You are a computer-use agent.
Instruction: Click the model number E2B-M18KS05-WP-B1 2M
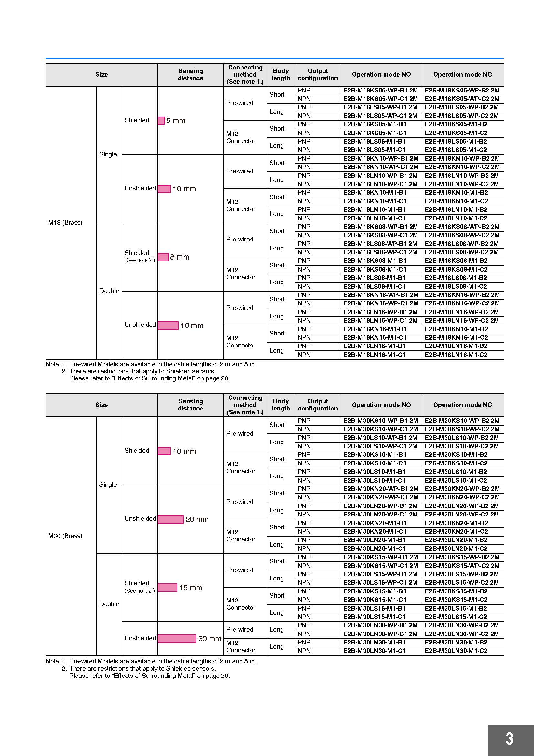click(380, 90)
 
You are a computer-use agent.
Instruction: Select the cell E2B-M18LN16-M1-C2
click(456, 355)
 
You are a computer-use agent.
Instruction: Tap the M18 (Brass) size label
click(65, 223)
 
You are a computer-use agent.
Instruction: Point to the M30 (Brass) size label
click(65, 536)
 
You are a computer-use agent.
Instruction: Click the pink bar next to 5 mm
click(161, 121)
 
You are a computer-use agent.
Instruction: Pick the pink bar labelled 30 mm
click(177, 638)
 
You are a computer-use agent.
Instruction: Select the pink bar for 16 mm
click(168, 325)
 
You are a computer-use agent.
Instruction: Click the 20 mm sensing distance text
click(197, 519)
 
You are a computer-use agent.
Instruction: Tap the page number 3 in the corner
click(509, 739)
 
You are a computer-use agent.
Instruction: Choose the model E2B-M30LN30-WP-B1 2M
click(380, 625)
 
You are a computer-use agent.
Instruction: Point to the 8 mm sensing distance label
click(180, 257)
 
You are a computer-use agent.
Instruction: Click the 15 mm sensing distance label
click(191, 587)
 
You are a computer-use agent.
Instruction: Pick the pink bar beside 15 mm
click(167, 587)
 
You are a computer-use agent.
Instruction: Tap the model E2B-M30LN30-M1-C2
click(456, 651)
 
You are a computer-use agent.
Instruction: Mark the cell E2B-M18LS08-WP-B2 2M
click(462, 244)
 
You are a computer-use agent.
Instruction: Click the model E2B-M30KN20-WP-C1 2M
click(381, 497)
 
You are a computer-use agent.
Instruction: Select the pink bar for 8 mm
click(163, 257)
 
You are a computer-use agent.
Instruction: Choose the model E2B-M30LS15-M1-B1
click(375, 608)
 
